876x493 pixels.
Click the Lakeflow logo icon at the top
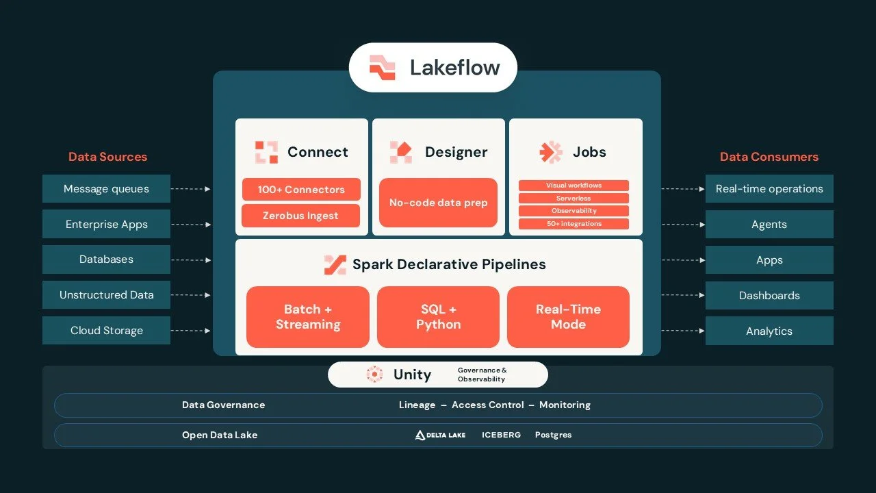[x=382, y=67]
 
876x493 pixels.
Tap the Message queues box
[x=106, y=188]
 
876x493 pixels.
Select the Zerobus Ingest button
[x=300, y=216]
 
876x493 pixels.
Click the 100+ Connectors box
[x=301, y=190]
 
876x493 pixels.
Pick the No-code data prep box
[x=438, y=203]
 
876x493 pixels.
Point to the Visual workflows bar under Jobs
[x=574, y=186]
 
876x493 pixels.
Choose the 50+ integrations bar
[x=574, y=224]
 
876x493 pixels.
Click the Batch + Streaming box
[x=308, y=317]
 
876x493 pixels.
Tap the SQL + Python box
[x=438, y=317]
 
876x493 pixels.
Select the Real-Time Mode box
[x=568, y=317]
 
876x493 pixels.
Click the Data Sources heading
[x=107, y=157]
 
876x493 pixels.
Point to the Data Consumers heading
[x=769, y=157]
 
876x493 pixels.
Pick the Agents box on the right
[x=769, y=224]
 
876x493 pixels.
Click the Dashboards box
[x=769, y=295]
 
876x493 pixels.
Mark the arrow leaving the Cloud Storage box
[x=191, y=331]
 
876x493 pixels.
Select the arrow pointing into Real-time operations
[x=683, y=189]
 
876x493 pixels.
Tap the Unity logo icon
[x=374, y=375]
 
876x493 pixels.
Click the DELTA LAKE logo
[x=440, y=435]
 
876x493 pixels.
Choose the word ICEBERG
[x=501, y=435]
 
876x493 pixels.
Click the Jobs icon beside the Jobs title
[x=551, y=152]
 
